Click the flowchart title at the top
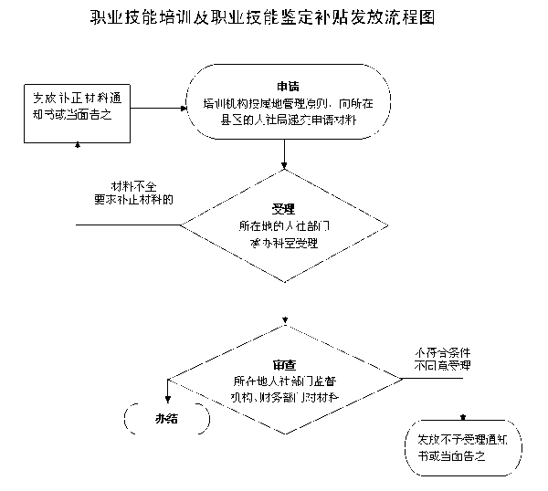[x=275, y=18]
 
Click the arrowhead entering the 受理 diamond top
[x=285, y=166]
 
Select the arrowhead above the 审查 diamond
[x=285, y=320]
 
